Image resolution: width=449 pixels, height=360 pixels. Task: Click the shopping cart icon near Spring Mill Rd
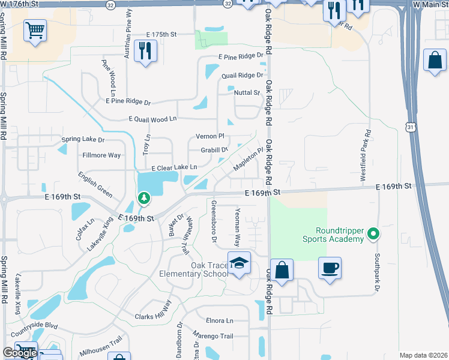click(35, 30)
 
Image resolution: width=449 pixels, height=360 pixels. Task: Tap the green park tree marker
click(144, 197)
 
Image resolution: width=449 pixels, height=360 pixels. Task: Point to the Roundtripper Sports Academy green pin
click(373, 233)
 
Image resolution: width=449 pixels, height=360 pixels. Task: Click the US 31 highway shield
click(411, 127)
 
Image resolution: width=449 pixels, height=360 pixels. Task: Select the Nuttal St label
click(247, 92)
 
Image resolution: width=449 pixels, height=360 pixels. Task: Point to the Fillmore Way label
click(101, 155)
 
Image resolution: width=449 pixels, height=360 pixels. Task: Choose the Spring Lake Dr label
click(83, 140)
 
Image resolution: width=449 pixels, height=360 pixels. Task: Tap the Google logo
click(20, 353)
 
